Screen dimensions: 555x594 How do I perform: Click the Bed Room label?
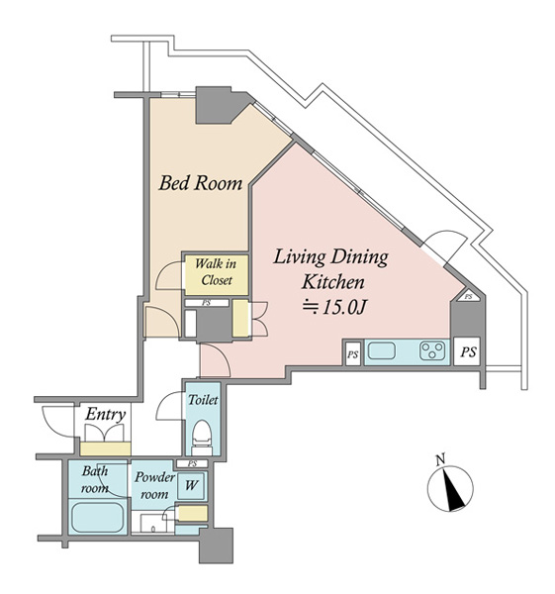pyautogui.click(x=201, y=183)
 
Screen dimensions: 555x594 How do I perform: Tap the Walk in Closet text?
pyautogui.click(x=217, y=272)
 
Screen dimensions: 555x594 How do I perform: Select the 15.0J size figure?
pyautogui.click(x=343, y=308)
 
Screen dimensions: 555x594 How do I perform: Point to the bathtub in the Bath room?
pyautogui.click(x=98, y=517)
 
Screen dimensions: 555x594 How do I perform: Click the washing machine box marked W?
pyautogui.click(x=191, y=485)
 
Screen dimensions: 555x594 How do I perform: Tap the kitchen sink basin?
pyautogui.click(x=382, y=350)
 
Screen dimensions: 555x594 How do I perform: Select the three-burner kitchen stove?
pyautogui.click(x=432, y=350)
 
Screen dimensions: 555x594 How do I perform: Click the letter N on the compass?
pyautogui.click(x=440, y=460)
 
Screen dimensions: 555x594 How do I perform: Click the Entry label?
pyautogui.click(x=105, y=415)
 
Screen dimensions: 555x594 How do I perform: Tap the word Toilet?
pyautogui.click(x=203, y=400)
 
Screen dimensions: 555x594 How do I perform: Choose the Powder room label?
pyautogui.click(x=154, y=486)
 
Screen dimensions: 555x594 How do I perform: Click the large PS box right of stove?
pyautogui.click(x=468, y=351)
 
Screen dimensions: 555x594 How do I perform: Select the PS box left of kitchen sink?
pyautogui.click(x=353, y=354)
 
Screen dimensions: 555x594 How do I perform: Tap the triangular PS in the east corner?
pyautogui.click(x=468, y=296)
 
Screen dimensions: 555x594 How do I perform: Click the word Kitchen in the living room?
pyautogui.click(x=333, y=282)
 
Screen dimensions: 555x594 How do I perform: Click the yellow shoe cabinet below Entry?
pyautogui.click(x=106, y=448)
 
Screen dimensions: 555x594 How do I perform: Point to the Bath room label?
pyautogui.click(x=95, y=480)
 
